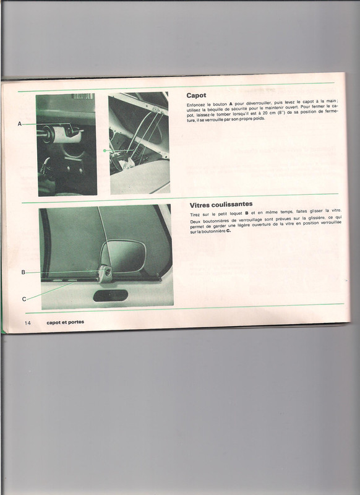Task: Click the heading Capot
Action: (196, 95)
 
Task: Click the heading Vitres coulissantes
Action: (221, 205)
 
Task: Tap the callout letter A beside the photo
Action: (20, 124)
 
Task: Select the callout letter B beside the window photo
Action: (23, 272)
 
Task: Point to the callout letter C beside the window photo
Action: (24, 299)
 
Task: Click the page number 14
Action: (28, 322)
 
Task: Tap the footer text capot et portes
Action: (66, 322)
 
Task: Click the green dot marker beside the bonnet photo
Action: (105, 150)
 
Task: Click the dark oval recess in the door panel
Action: (111, 296)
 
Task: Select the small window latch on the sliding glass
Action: (105, 273)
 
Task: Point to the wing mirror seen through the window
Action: (123, 256)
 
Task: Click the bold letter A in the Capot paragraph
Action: (231, 104)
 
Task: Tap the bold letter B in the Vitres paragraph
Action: (246, 213)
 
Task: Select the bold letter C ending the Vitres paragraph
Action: (228, 231)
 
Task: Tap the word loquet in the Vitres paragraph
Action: (236, 213)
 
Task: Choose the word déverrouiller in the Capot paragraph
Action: (259, 103)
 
